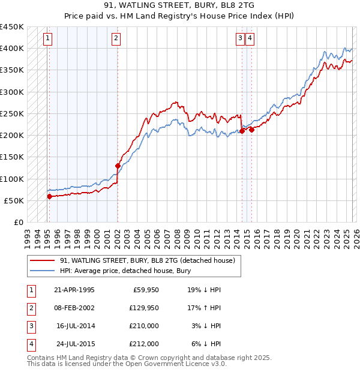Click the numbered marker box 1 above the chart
click(x=47, y=39)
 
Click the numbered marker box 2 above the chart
click(x=116, y=39)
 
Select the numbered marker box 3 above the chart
click(x=240, y=39)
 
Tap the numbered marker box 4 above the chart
click(x=250, y=39)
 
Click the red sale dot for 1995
click(x=49, y=196)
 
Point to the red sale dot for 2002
click(x=118, y=166)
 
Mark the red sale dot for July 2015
click(x=252, y=130)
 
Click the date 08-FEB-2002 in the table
click(x=74, y=308)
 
